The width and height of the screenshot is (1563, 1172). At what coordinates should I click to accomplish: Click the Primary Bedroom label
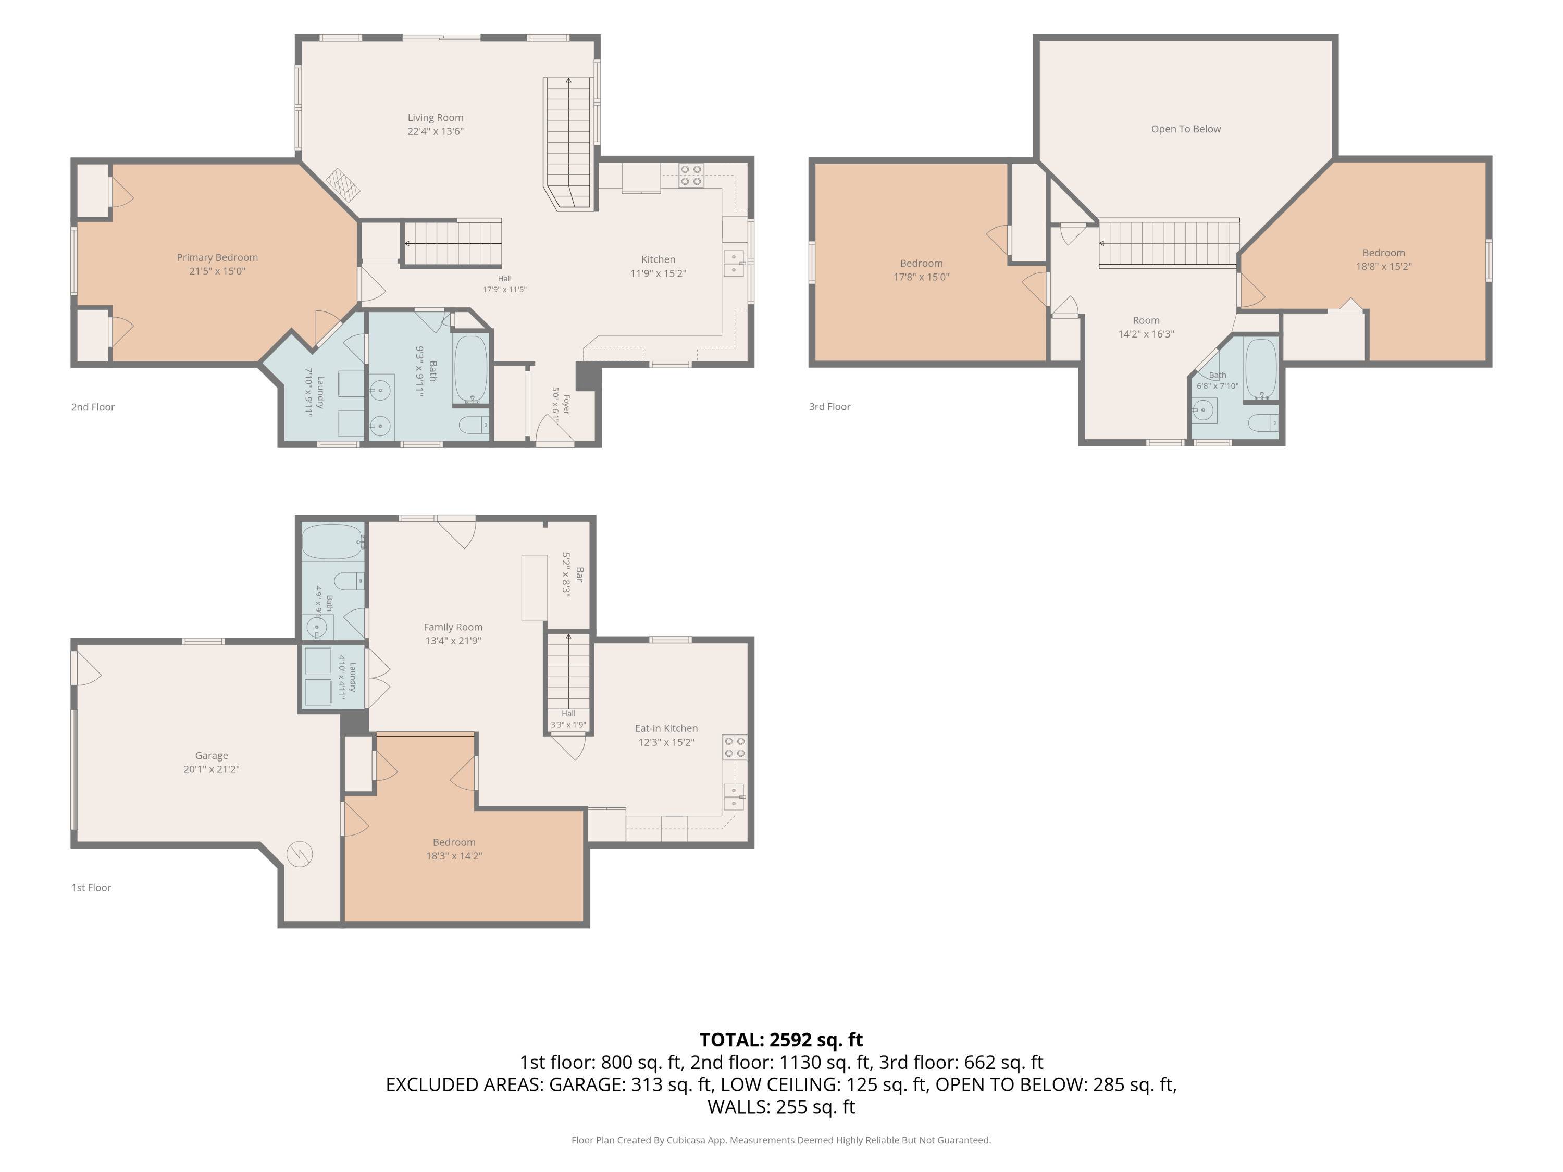217,258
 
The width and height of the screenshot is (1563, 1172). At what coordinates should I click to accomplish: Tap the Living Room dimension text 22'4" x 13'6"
435,131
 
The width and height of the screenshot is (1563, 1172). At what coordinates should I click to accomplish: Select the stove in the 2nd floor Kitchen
691,175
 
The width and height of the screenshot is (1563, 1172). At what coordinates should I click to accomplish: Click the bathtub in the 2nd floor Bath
470,369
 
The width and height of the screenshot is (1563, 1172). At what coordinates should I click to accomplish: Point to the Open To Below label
1186,129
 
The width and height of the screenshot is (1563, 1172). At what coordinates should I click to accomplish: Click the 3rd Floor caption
829,407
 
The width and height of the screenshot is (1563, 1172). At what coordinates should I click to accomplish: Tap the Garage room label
212,756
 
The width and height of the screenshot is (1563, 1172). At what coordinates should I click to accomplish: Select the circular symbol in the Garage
300,855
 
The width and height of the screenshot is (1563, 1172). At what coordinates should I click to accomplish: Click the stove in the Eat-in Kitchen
734,747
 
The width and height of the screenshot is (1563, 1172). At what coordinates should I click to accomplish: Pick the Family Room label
453,627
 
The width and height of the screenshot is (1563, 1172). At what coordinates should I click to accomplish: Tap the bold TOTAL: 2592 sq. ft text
781,1040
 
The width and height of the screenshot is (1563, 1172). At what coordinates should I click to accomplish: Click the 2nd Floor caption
93,407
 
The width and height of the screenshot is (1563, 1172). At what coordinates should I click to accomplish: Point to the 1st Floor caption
91,888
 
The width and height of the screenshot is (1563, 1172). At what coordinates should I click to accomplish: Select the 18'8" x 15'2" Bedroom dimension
1384,267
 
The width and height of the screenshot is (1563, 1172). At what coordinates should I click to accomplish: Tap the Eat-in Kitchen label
666,728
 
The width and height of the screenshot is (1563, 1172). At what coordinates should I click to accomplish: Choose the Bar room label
579,575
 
